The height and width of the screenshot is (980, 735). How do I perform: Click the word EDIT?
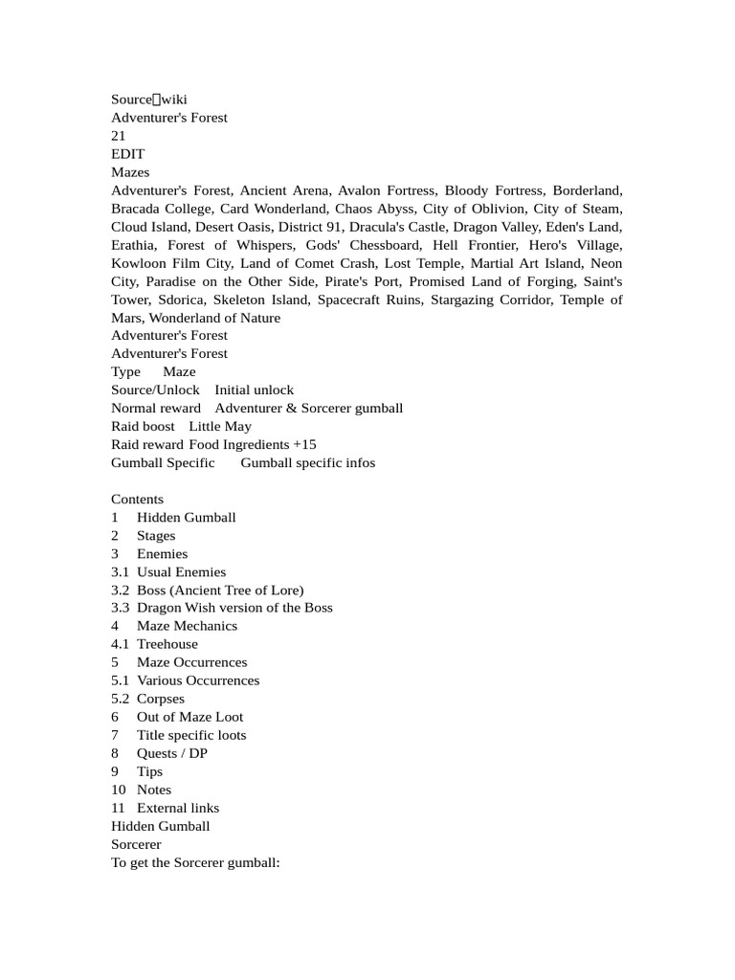coord(128,154)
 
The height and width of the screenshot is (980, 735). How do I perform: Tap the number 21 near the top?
coord(119,136)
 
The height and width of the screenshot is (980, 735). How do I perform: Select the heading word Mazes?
coord(130,172)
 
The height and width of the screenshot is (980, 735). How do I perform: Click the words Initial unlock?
coord(254,390)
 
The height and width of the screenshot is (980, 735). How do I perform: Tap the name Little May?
coord(220,427)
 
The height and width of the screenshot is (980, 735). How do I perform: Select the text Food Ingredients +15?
coord(252,445)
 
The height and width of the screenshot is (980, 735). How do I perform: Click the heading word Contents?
coord(137,500)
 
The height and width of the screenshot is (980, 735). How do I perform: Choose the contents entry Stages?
coord(156,536)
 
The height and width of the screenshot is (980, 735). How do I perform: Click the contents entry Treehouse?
coord(167,644)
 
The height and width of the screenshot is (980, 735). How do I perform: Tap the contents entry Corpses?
coord(161,699)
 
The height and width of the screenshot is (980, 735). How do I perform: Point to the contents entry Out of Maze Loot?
coord(189,717)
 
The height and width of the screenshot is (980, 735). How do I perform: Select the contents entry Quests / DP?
coord(172,753)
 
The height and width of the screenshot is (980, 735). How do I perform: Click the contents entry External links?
coord(178,808)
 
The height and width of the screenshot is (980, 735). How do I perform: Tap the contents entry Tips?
coord(149,771)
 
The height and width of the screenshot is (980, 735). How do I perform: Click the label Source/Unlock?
coord(155,390)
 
